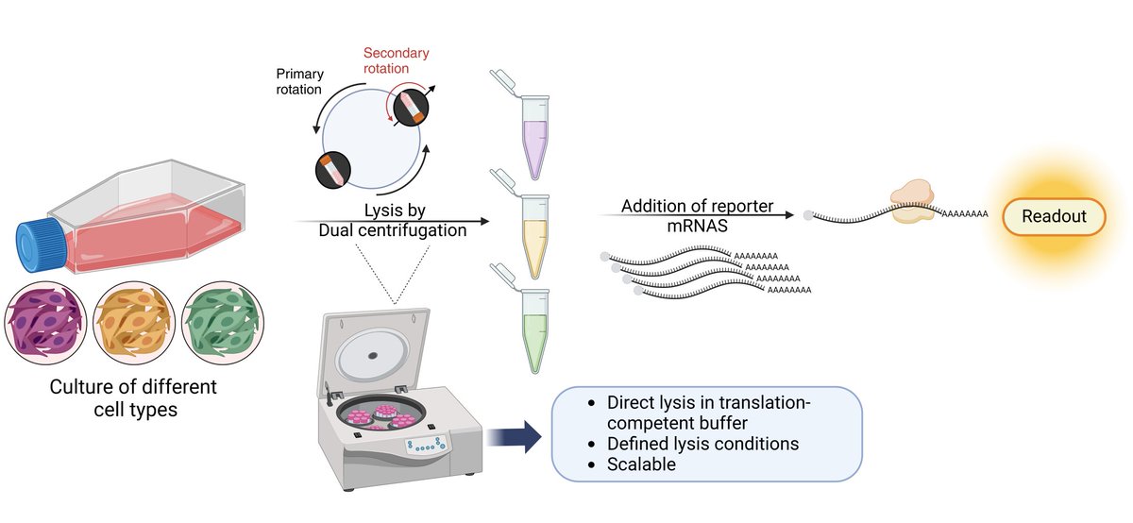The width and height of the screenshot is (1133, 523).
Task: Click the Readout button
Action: pos(1054,216)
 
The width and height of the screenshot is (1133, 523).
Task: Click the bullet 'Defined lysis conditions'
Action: pos(703,443)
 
